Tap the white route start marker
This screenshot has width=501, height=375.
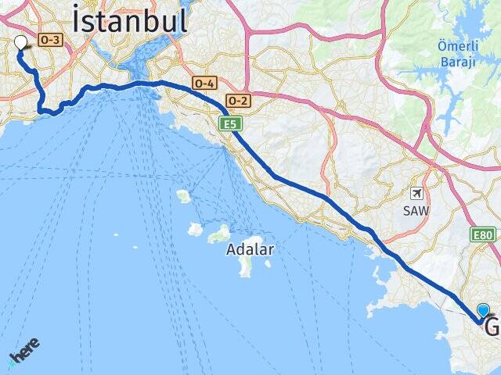pyautogui.click(x=20, y=44)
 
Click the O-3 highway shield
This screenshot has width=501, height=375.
pyautogui.click(x=49, y=39)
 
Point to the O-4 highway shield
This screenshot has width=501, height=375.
pyautogui.click(x=204, y=83)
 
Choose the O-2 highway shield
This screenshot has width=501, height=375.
pyautogui.click(x=237, y=100)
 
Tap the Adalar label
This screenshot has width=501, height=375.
pyautogui.click(x=250, y=251)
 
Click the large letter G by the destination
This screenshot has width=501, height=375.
pyautogui.click(x=492, y=327)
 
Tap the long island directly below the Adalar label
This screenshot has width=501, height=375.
pyautogui.click(x=245, y=266)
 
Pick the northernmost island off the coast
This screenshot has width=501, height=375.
pyautogui.click(x=184, y=195)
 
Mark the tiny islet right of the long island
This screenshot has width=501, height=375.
pyautogui.click(x=268, y=264)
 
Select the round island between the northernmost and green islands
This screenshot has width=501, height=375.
pyautogui.click(x=195, y=230)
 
